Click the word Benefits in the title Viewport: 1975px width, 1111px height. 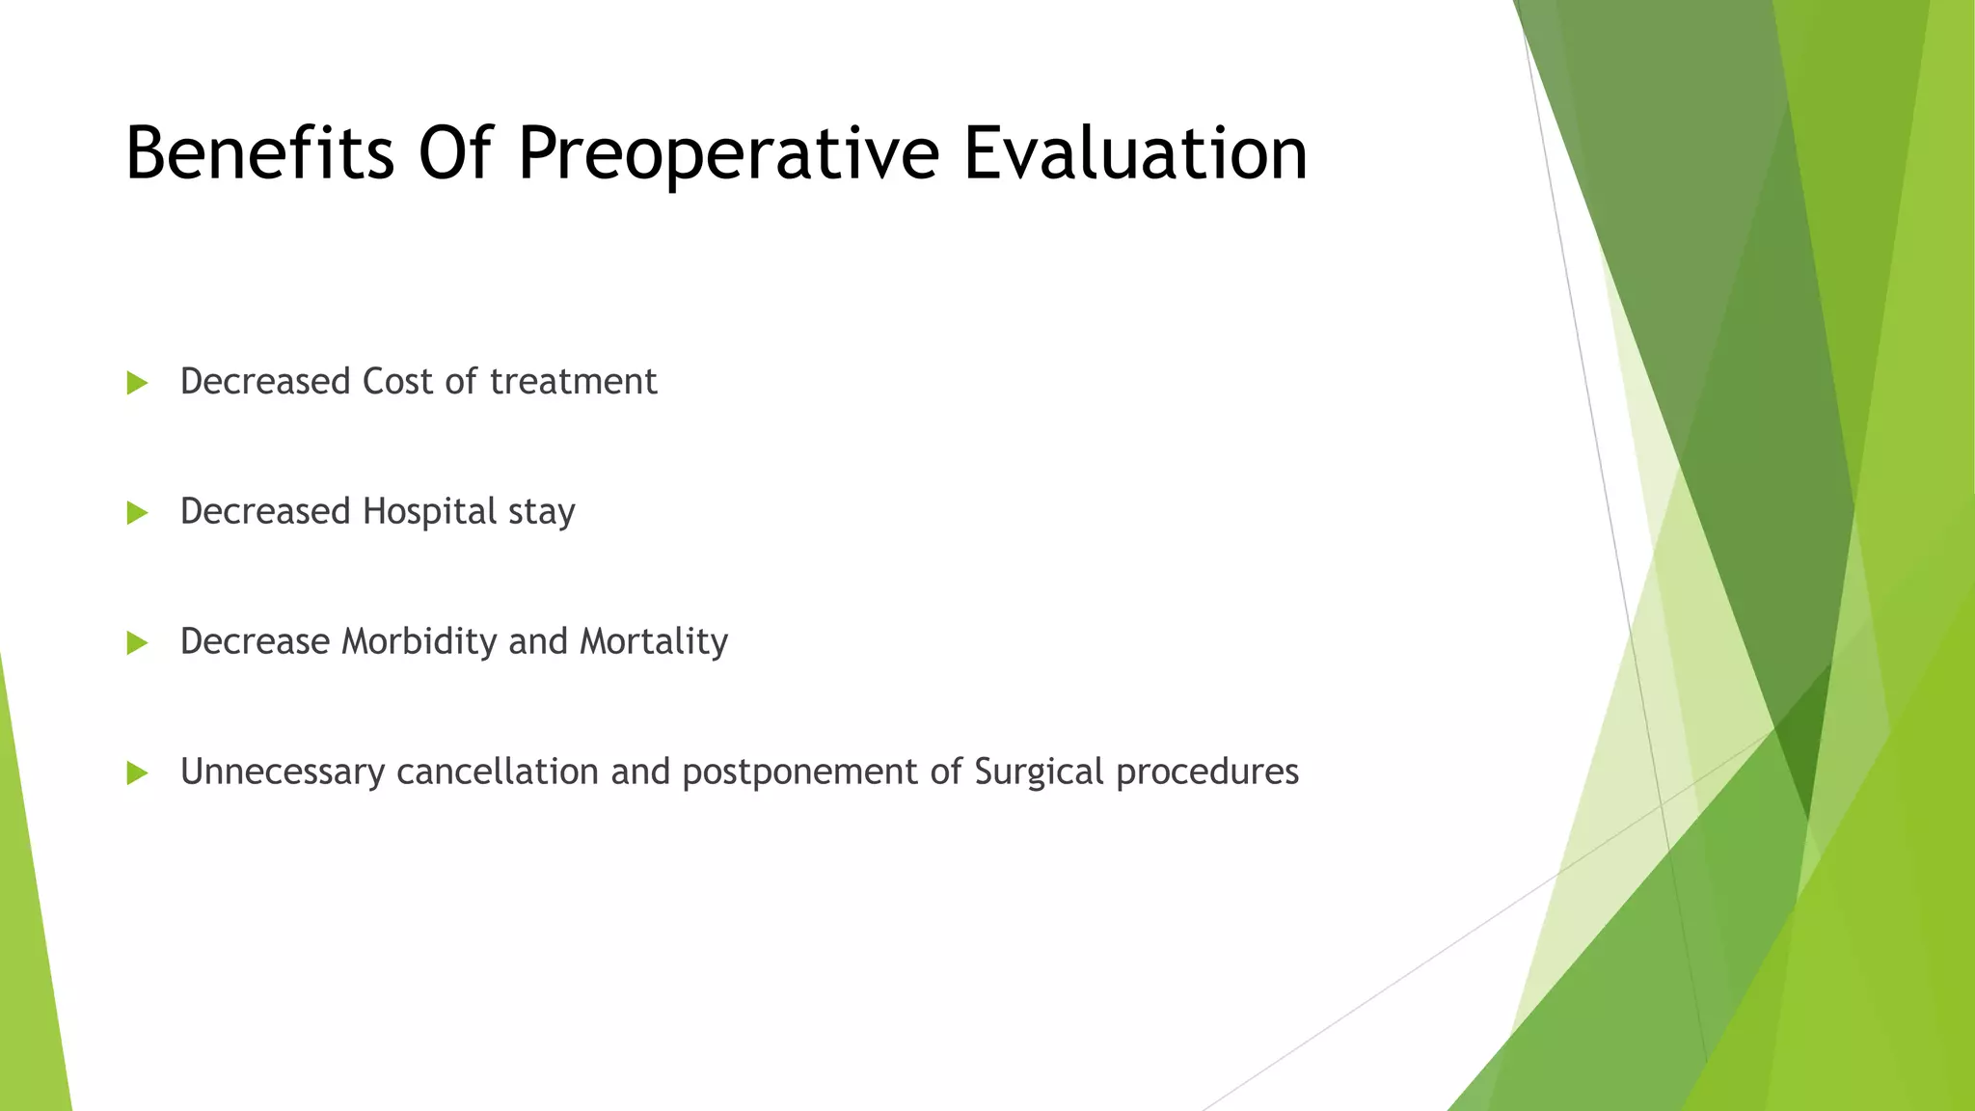[x=259, y=153]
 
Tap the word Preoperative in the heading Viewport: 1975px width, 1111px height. [x=728, y=153]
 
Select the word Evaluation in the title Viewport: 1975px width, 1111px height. [x=1135, y=153]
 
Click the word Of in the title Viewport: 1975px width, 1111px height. [x=455, y=153]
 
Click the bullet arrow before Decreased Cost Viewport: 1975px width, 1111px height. [x=137, y=384]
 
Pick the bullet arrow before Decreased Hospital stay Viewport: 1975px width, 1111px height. [x=137, y=513]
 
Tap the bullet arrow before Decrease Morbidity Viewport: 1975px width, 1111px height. [x=137, y=643]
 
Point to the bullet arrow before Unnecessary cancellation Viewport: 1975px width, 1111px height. [x=137, y=772]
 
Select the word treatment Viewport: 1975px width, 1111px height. [x=573, y=382]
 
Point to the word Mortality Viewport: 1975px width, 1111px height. [x=653, y=641]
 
